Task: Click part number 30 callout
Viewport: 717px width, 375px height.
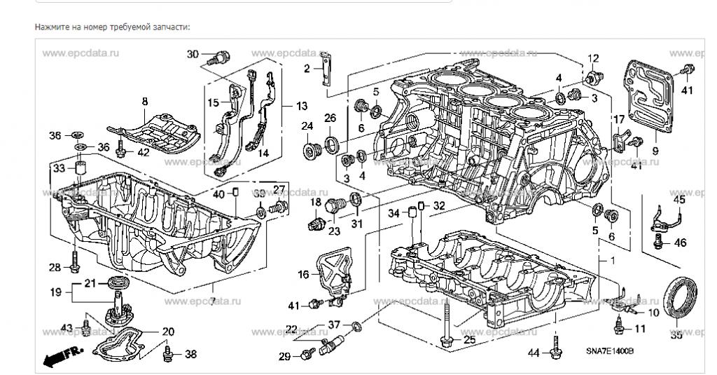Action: coord(193,54)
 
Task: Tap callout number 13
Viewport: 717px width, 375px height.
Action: coord(301,107)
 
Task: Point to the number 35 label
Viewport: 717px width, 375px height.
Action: coord(676,335)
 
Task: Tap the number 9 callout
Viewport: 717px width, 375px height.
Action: coord(655,149)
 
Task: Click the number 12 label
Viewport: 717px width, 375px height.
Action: coord(593,57)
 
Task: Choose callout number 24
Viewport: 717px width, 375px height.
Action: coord(307,127)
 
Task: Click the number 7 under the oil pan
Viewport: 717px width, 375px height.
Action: coord(211,301)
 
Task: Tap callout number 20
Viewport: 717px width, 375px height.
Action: coord(168,332)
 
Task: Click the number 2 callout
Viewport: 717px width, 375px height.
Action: coord(307,68)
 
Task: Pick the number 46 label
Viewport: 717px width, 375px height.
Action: coord(680,243)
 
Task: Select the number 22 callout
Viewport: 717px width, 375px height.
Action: coord(291,329)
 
